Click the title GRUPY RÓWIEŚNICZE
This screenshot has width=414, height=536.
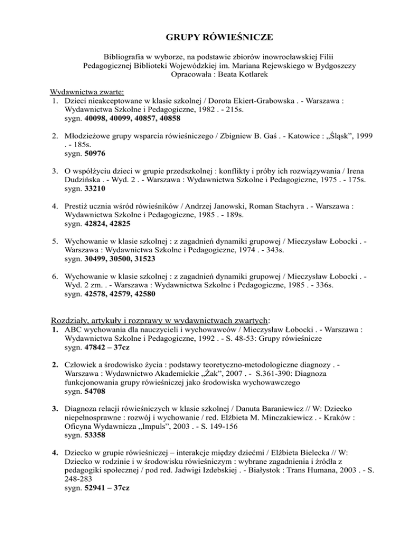click(206, 37)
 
